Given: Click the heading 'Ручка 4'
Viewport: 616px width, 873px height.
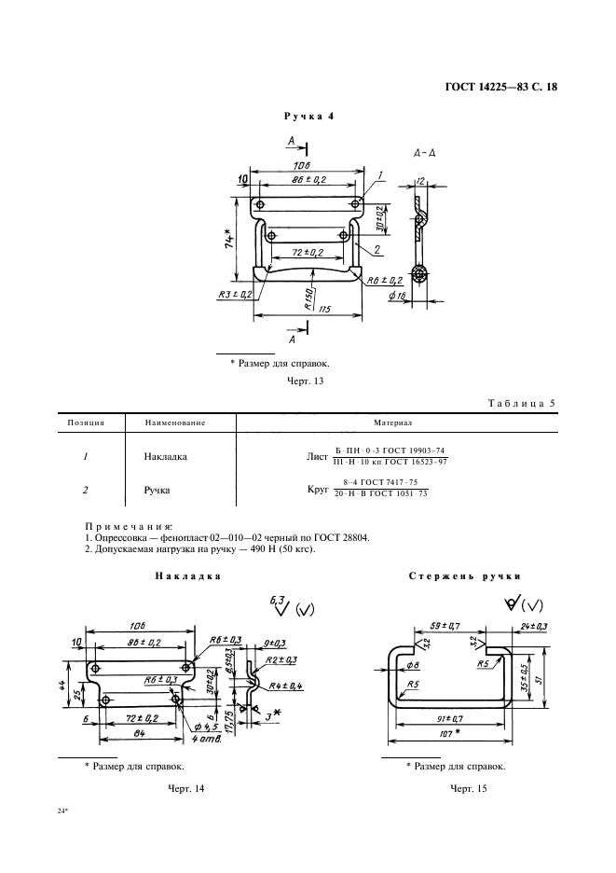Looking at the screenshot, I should [x=307, y=117].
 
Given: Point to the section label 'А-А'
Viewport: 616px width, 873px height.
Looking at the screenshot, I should [x=424, y=152].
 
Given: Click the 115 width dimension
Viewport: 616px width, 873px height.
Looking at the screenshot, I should [x=326, y=308].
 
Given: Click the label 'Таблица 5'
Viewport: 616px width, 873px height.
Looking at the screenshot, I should [x=521, y=404].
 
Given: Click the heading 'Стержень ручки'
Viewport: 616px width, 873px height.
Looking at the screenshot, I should [x=464, y=576].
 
